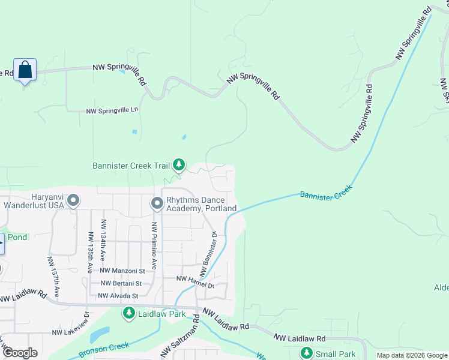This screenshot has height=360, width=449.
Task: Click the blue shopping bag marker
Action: coord(25,70)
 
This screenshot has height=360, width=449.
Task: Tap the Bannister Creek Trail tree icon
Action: coord(178,164)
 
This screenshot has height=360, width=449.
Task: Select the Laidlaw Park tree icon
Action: coord(128,313)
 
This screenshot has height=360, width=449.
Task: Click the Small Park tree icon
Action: coord(307,353)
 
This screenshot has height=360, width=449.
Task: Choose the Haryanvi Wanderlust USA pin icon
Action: coord(73,200)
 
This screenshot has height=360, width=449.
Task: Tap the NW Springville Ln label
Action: coord(112,111)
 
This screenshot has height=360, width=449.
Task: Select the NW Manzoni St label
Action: coord(122,271)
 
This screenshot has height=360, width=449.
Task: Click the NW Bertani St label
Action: coord(121,283)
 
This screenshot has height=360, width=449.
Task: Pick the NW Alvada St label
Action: coord(118,296)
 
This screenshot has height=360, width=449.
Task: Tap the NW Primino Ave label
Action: coord(154,245)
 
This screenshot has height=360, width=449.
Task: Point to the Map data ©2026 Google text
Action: coord(411,355)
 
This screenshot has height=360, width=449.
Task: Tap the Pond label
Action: coord(17,237)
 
